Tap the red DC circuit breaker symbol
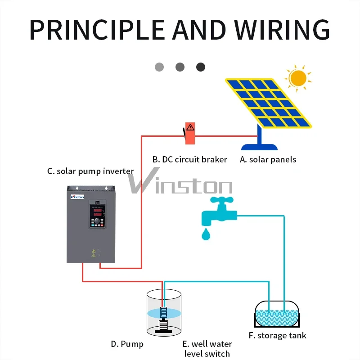point(190,133)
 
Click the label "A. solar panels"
point(268,159)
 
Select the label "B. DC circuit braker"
point(189,159)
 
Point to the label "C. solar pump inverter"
point(90,171)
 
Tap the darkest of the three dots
point(201,67)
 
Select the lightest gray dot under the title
point(159,67)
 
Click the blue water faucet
point(218,211)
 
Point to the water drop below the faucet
point(206,234)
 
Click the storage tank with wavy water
point(277,313)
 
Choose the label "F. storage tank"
point(277,335)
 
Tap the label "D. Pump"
point(127,344)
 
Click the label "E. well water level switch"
point(207,349)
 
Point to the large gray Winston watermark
point(180,184)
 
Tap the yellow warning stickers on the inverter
point(94,253)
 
